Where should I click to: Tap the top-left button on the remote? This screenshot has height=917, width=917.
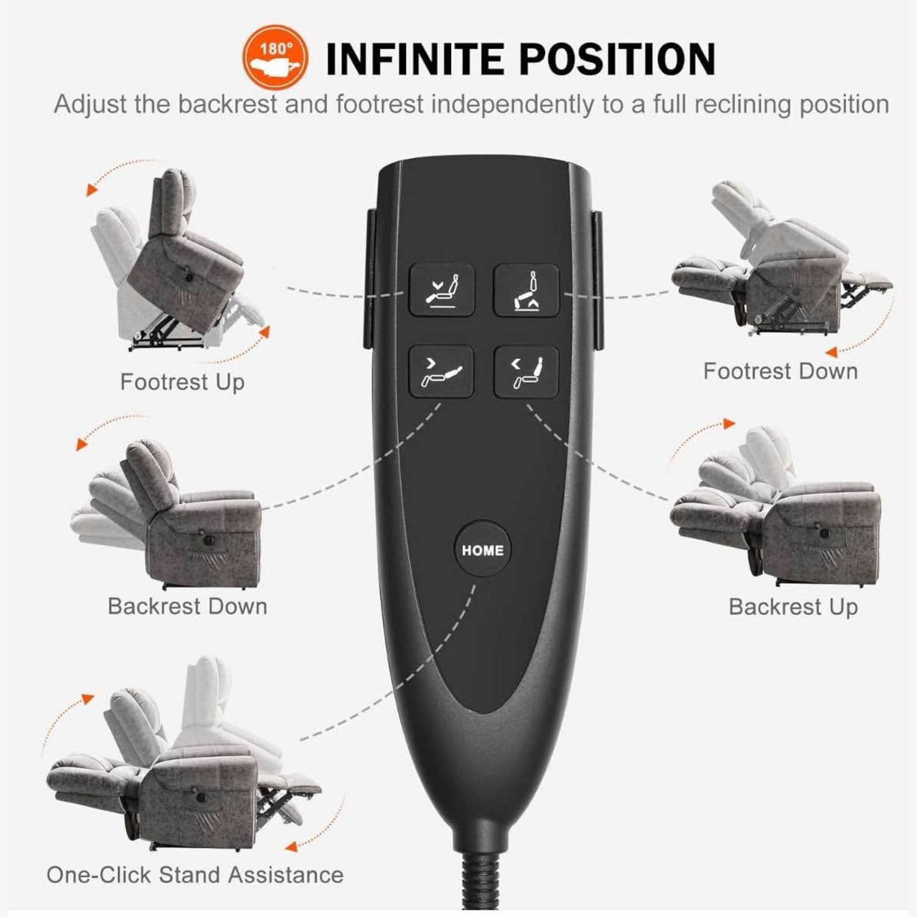(x=441, y=290)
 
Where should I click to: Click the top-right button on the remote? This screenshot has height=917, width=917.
(x=526, y=290)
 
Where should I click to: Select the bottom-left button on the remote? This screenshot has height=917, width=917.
(x=441, y=372)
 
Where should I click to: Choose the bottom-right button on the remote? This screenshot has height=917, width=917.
(x=526, y=372)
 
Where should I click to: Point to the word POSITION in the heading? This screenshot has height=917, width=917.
(x=617, y=59)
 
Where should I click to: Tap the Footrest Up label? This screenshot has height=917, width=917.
(x=182, y=382)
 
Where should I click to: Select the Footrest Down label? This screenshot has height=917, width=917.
(x=781, y=371)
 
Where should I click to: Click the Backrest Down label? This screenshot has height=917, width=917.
(x=188, y=606)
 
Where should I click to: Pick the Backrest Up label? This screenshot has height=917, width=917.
(x=794, y=607)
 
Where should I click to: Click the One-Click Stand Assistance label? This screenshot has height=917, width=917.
(x=195, y=875)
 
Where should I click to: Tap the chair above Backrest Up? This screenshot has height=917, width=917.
(x=776, y=507)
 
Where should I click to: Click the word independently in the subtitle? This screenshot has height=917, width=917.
(x=512, y=105)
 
